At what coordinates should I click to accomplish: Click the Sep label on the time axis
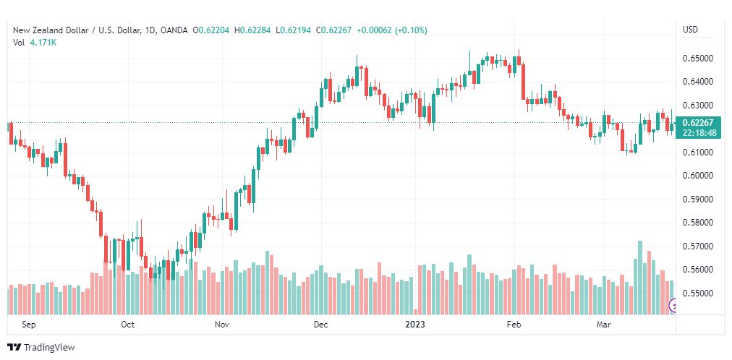pyautogui.click(x=28, y=325)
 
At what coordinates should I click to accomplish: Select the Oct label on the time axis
pyautogui.click(x=127, y=325)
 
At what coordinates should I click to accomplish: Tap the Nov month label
pyautogui.click(x=223, y=325)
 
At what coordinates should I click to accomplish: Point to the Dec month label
pyautogui.click(x=320, y=325)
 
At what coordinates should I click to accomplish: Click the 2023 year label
pyautogui.click(x=415, y=325)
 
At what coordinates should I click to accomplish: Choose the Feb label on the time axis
pyautogui.click(x=514, y=325)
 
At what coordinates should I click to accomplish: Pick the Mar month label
pyautogui.click(x=605, y=325)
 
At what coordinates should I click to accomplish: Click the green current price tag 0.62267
pyautogui.click(x=698, y=128)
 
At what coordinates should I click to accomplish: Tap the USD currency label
pyautogui.click(x=691, y=30)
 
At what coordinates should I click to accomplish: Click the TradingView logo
pyautogui.click(x=41, y=348)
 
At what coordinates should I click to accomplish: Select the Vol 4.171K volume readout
pyautogui.click(x=35, y=43)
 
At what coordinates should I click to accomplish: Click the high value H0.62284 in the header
pyautogui.click(x=255, y=30)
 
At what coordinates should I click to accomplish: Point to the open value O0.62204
pyautogui.click(x=213, y=30)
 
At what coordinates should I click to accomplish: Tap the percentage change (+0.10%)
pyautogui.click(x=412, y=30)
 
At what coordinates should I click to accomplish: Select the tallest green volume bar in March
pyautogui.click(x=640, y=278)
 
